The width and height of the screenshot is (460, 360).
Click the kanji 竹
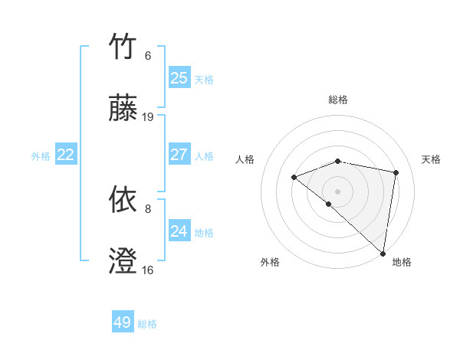tap(123, 47)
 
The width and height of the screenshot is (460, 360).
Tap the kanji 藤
tap(123, 107)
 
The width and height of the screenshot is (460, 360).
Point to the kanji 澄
tap(123, 260)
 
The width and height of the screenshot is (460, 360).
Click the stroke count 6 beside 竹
tap(148, 56)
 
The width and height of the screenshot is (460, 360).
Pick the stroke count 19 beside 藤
tap(148, 117)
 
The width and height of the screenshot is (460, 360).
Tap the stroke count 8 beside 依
tap(148, 208)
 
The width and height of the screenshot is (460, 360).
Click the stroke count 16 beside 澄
tap(148, 270)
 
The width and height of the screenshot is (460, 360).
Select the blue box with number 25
tap(179, 78)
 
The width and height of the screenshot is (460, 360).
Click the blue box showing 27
tap(179, 155)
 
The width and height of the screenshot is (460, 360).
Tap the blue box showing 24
tap(179, 231)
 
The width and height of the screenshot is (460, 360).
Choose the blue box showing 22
tap(66, 155)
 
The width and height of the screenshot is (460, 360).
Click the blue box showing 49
tap(123, 322)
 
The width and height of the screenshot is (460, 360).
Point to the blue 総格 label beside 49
tap(148, 324)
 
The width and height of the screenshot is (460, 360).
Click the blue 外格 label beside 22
tap(41, 156)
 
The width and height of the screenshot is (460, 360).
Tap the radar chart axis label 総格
tap(338, 100)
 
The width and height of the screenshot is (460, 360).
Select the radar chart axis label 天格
tap(431, 159)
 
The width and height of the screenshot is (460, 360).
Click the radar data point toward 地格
tap(383, 253)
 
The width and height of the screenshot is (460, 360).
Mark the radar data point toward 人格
tap(294, 178)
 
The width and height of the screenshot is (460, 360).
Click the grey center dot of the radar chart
tap(337, 191)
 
